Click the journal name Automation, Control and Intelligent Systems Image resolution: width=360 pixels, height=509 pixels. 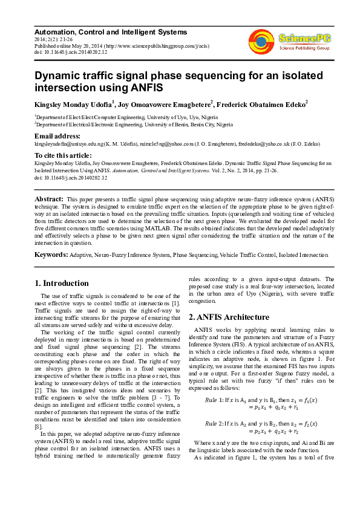(111, 32)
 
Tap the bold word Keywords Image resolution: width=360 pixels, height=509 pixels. (51, 255)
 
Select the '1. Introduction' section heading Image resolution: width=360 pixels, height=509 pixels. (62, 283)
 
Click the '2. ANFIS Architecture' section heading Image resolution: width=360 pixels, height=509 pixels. (229, 317)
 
